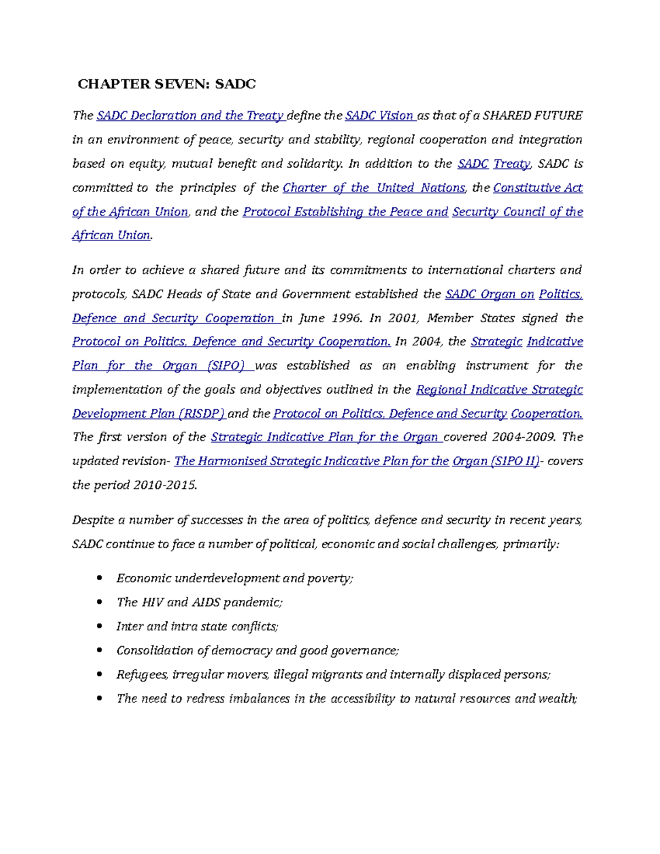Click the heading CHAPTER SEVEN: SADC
[167, 84]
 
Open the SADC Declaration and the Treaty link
[190, 115]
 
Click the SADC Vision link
[380, 115]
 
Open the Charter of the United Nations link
[373, 188]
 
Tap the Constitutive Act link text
[537, 188]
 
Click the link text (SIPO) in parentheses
[226, 366]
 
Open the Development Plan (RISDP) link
[148, 414]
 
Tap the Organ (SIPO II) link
[495, 461]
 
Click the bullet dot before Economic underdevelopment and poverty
[100, 578]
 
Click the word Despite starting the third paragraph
[92, 520]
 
